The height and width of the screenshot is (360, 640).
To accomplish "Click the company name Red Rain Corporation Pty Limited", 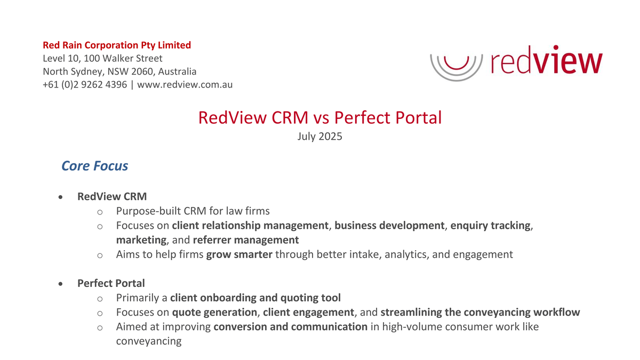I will coord(116,45).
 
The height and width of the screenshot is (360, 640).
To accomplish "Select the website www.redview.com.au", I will coord(185,84).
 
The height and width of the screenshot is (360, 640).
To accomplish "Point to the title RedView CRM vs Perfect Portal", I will coord(320,117).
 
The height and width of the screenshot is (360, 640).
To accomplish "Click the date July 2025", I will coord(319,136).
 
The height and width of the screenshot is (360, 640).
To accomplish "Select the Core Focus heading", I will coord(95,166).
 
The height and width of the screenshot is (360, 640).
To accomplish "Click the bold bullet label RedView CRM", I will coord(112,197).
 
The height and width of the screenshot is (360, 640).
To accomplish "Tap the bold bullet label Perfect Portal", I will coord(111,283).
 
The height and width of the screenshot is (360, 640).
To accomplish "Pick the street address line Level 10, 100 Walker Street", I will coord(102,58).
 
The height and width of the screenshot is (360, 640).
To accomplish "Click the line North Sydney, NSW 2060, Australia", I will coord(119,71).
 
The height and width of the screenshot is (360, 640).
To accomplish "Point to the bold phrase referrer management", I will coord(246,240).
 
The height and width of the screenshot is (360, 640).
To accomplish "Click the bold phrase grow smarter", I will coord(239,254).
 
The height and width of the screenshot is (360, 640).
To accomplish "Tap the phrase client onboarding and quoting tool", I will coord(255,298).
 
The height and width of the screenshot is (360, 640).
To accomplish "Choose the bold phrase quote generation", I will coord(214,312).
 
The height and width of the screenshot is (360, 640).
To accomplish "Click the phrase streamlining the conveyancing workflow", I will coord(480,312).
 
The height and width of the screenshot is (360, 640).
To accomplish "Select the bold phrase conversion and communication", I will coord(290,326).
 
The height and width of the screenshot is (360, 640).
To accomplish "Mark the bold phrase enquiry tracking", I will coord(491,226).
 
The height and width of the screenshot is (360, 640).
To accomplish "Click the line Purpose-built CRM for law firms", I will coord(197,211).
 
